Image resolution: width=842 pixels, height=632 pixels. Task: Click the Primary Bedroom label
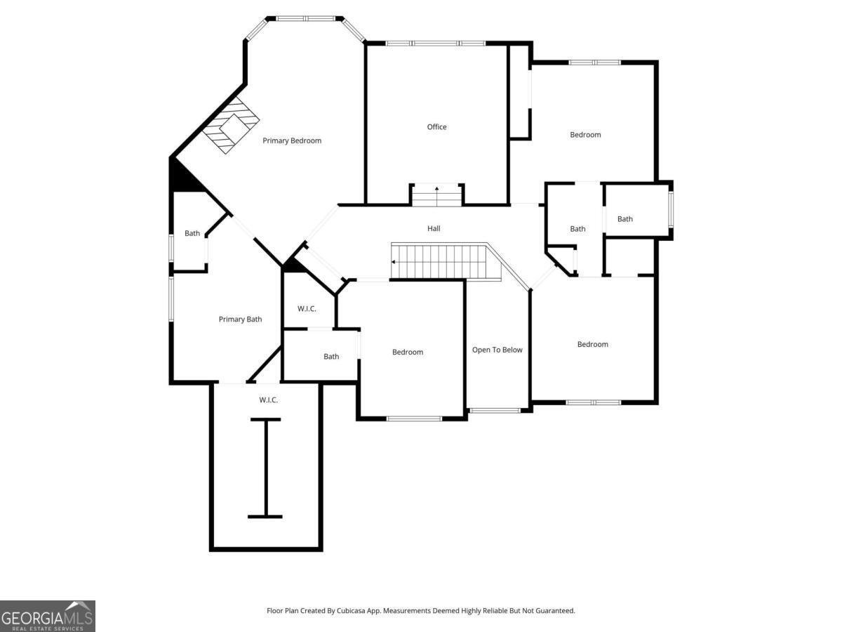[x=292, y=141]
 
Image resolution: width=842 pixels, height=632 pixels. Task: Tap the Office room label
[x=436, y=127]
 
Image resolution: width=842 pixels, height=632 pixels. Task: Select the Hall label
[x=434, y=229]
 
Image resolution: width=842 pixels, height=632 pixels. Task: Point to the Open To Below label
[x=497, y=350]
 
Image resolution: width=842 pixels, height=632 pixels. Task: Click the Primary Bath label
[x=240, y=320]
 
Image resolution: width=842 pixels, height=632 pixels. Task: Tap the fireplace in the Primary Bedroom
[x=231, y=126]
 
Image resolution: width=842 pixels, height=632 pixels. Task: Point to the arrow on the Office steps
[x=436, y=196]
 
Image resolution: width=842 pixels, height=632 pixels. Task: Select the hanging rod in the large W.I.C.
[x=265, y=468]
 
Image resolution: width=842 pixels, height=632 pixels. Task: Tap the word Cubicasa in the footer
[x=351, y=610]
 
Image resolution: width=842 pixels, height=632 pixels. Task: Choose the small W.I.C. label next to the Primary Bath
[x=307, y=309]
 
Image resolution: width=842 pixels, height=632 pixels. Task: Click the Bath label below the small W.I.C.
[x=331, y=357]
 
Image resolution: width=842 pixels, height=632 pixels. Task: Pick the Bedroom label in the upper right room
[x=585, y=135]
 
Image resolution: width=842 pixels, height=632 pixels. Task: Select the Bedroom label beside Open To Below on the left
[x=408, y=353]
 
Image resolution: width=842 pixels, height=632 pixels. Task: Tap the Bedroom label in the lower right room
[x=593, y=345]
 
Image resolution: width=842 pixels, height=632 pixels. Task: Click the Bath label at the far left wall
[x=192, y=233]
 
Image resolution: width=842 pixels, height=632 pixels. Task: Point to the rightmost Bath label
[x=625, y=219]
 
